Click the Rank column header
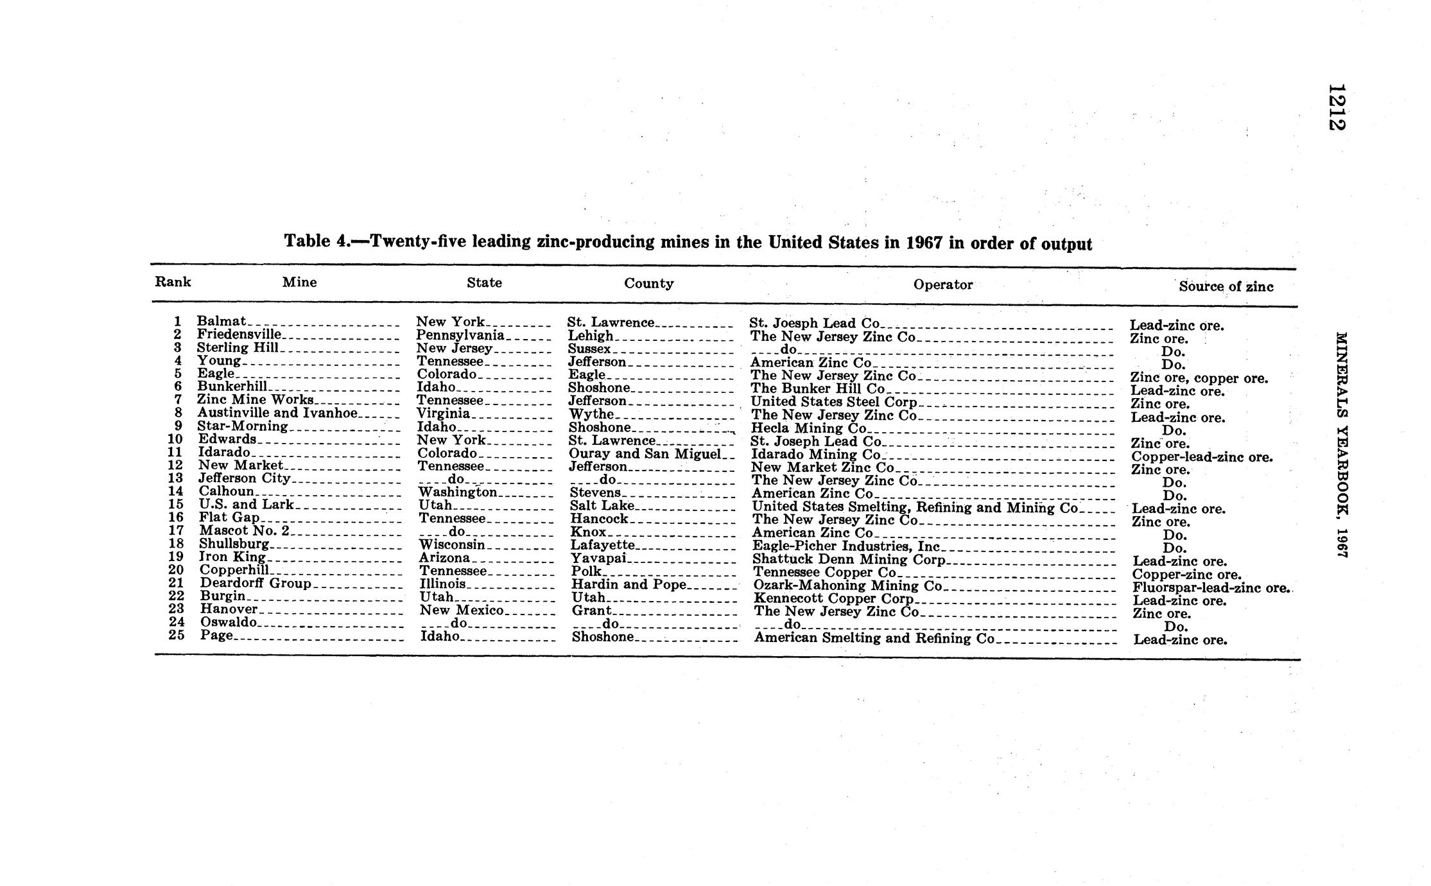(x=173, y=282)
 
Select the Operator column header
(x=942, y=284)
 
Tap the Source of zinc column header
(x=1226, y=287)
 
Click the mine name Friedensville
(x=239, y=334)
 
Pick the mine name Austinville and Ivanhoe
(x=277, y=413)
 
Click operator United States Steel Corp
(x=834, y=403)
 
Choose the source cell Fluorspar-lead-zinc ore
(x=1210, y=588)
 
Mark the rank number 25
(x=177, y=635)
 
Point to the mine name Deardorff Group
(x=256, y=583)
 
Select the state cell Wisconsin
(x=452, y=545)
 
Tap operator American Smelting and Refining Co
(x=874, y=638)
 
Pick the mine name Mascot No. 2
(x=245, y=531)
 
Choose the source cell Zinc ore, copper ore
(x=1199, y=378)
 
